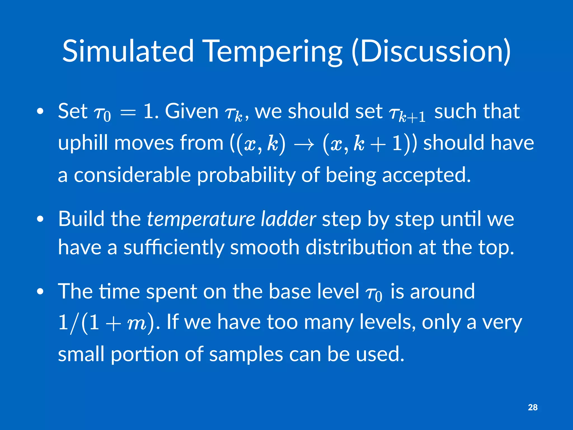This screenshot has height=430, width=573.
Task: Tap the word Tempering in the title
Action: point(273,52)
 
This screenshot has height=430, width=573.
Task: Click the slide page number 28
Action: point(532,407)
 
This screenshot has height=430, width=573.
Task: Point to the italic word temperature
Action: point(201,219)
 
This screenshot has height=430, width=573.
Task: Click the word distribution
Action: point(359,247)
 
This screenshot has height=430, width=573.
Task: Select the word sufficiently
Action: point(174,248)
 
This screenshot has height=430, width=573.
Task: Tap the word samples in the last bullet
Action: point(246,354)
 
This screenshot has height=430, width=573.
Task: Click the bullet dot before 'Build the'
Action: point(40,219)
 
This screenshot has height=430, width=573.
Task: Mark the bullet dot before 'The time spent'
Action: point(40,292)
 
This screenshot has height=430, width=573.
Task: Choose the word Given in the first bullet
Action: point(192,111)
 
